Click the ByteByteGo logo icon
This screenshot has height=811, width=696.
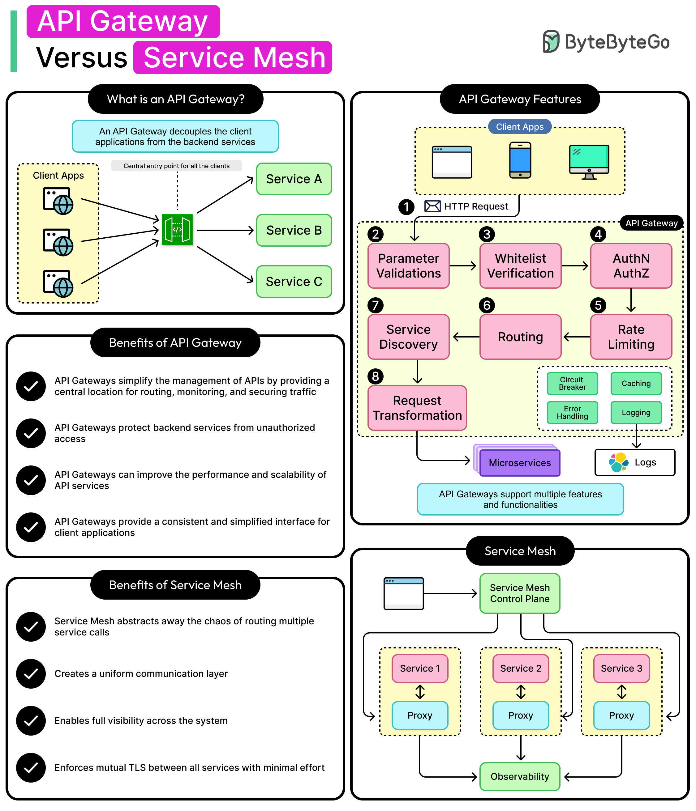click(551, 41)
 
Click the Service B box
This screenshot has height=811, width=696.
click(294, 230)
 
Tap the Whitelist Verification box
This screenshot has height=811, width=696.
click(520, 266)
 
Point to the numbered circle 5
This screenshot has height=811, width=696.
click(598, 305)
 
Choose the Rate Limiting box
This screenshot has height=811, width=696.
click(631, 337)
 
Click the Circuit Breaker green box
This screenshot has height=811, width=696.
click(572, 383)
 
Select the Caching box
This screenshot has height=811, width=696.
click(636, 383)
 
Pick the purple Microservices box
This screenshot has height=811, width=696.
click(519, 463)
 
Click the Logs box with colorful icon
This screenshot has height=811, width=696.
click(634, 462)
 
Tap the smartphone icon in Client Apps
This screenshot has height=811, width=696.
click(520, 160)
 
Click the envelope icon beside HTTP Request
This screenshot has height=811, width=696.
click(432, 206)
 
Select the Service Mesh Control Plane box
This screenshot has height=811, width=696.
click(519, 593)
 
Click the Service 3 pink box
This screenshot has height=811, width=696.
click(621, 668)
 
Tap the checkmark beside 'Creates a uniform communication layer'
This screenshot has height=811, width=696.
click(31, 673)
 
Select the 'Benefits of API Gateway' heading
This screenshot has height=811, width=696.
click(175, 342)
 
